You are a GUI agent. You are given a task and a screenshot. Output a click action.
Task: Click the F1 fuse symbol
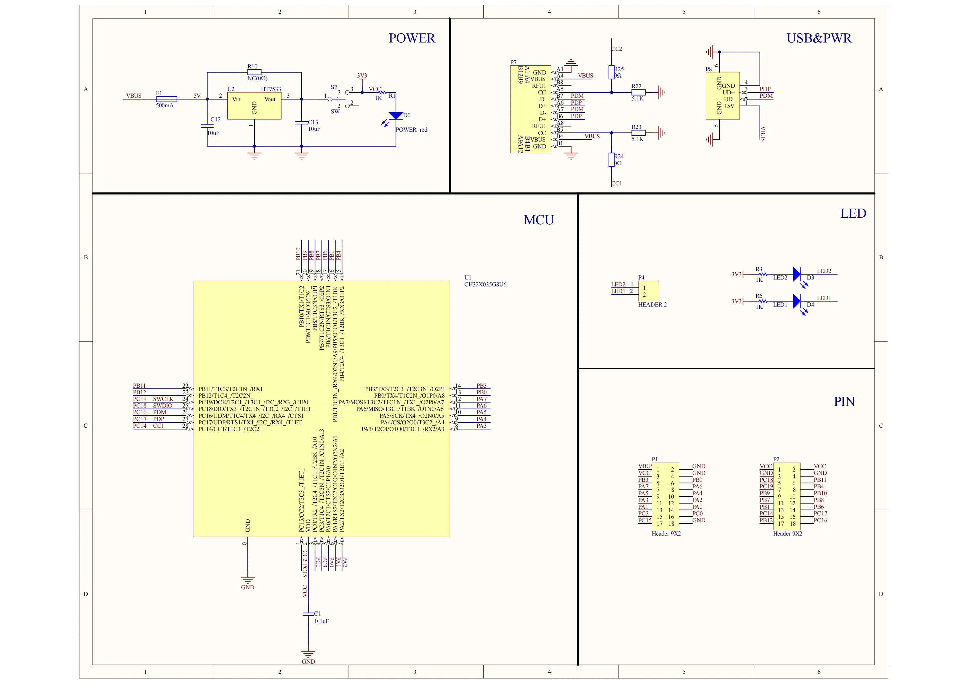167,99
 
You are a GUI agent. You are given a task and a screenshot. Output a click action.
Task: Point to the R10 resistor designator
252,66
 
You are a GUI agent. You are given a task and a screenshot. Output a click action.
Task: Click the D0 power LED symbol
396,116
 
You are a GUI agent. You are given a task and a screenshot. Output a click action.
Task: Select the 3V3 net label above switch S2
362,76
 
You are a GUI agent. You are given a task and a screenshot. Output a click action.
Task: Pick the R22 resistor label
636,86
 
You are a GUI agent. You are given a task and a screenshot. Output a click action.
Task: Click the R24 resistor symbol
611,160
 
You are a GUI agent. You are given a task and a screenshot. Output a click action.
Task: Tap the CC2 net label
616,49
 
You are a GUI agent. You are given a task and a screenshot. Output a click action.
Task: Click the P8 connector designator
709,69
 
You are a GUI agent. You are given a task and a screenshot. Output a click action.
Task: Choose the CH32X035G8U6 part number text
485,284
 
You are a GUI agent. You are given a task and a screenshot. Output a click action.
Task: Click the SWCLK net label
163,399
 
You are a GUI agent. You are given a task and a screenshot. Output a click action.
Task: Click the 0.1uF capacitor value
322,621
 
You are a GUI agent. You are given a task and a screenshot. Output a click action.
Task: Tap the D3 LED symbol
797,274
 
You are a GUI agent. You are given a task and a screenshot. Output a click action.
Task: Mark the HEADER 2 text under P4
652,305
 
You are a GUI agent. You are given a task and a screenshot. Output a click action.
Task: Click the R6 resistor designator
759,296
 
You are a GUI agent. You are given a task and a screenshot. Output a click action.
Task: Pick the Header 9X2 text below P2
788,534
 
